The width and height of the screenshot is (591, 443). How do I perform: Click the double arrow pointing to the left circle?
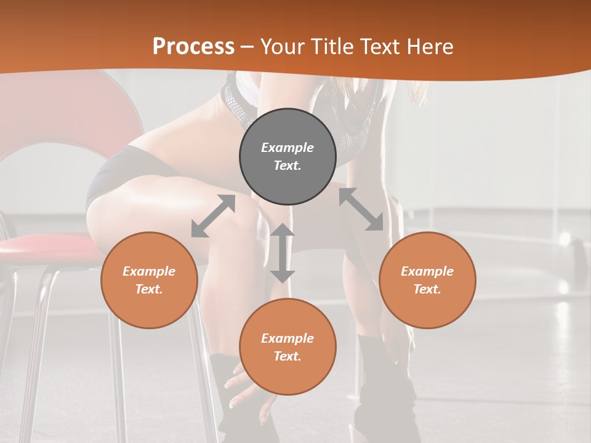[x=213, y=216]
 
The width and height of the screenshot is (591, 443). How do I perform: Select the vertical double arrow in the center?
[x=283, y=253]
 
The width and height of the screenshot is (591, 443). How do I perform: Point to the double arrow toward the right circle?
[x=361, y=209]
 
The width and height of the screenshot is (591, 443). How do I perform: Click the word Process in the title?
[x=193, y=46]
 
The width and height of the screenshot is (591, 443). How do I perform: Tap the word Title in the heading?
[x=331, y=46]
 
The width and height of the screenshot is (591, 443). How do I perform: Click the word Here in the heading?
[x=430, y=46]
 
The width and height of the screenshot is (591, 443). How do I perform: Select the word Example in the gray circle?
[x=287, y=148]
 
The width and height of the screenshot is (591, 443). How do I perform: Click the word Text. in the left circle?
[x=149, y=289]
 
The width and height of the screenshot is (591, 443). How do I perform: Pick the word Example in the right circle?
[x=427, y=271]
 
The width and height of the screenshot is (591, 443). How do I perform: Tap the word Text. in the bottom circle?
[x=287, y=356]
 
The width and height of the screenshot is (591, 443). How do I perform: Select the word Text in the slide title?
[x=378, y=46]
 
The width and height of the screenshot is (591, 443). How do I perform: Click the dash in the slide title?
[x=247, y=46]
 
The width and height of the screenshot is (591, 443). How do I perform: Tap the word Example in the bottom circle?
[x=287, y=338]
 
